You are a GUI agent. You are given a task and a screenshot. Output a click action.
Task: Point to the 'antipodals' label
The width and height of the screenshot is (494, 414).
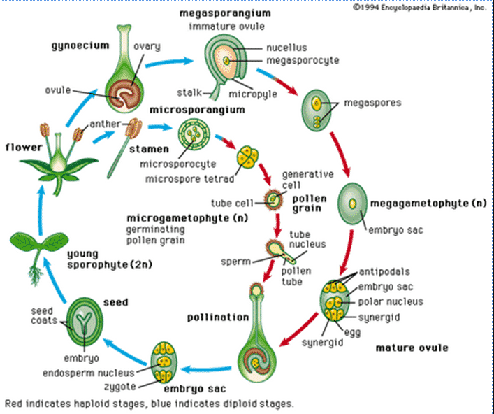[x=384, y=271]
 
